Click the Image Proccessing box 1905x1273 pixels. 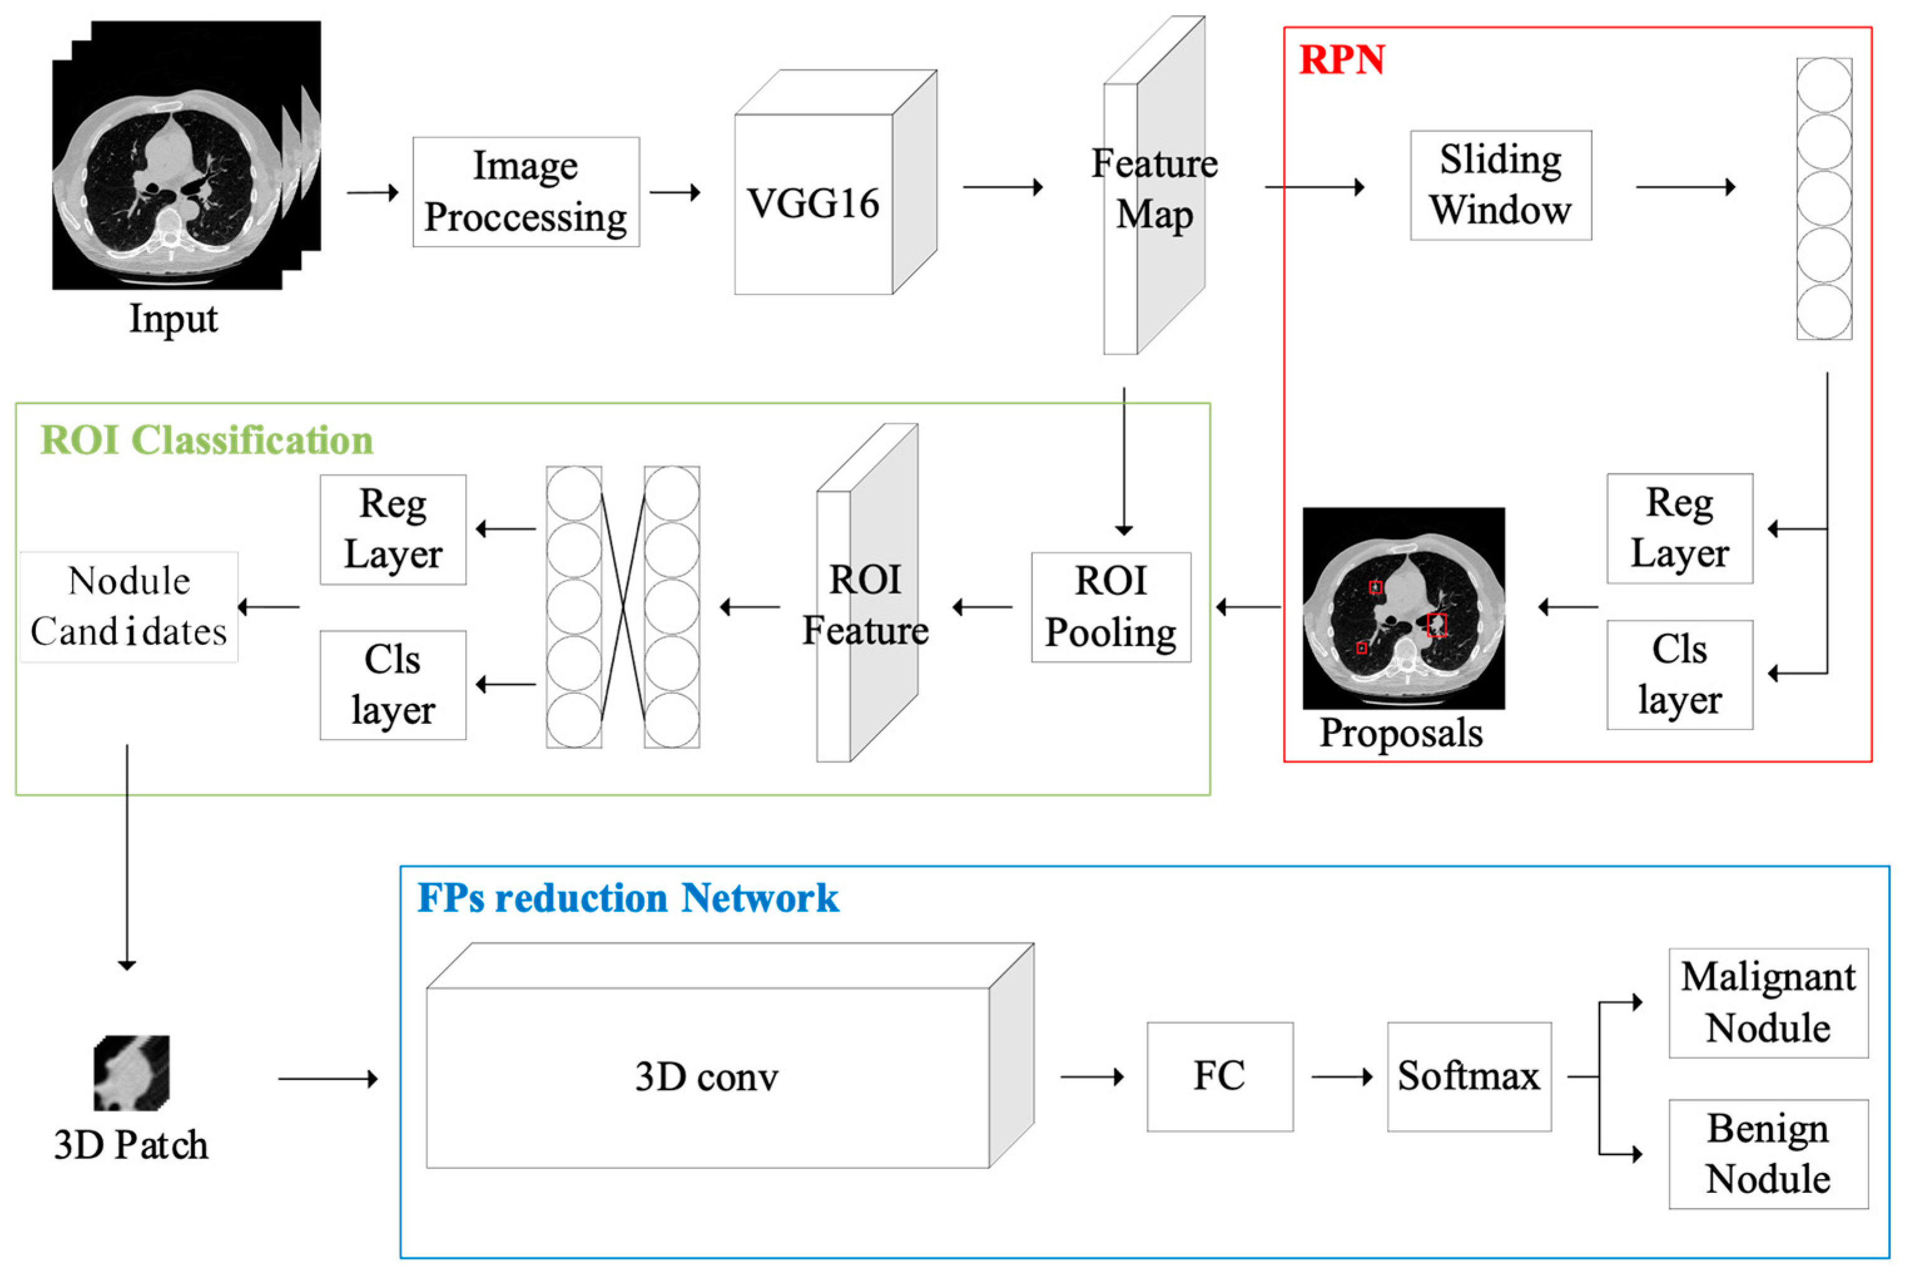[x=526, y=192]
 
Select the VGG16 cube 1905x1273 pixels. [x=813, y=203]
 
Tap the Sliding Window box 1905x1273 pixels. [x=1501, y=185]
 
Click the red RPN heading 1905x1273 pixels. [x=1342, y=60]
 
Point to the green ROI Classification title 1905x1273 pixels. [x=207, y=440]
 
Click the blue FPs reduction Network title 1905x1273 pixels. [x=627, y=898]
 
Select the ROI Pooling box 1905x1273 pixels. [x=1111, y=607]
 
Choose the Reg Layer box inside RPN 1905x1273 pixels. [x=1680, y=528]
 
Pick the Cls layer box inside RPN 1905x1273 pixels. [x=1680, y=674]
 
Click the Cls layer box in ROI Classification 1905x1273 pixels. [x=393, y=684]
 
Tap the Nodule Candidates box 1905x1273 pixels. [x=129, y=607]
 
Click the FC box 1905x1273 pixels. [x=1219, y=1076]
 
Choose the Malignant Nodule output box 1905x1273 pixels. [x=1768, y=1002]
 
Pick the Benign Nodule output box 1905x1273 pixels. [x=1768, y=1153]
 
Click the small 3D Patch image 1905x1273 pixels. [x=131, y=1073]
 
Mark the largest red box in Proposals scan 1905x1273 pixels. [x=1437, y=625]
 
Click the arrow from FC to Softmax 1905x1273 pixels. [x=1341, y=1078]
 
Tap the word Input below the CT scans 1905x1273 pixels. [x=173, y=318]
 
